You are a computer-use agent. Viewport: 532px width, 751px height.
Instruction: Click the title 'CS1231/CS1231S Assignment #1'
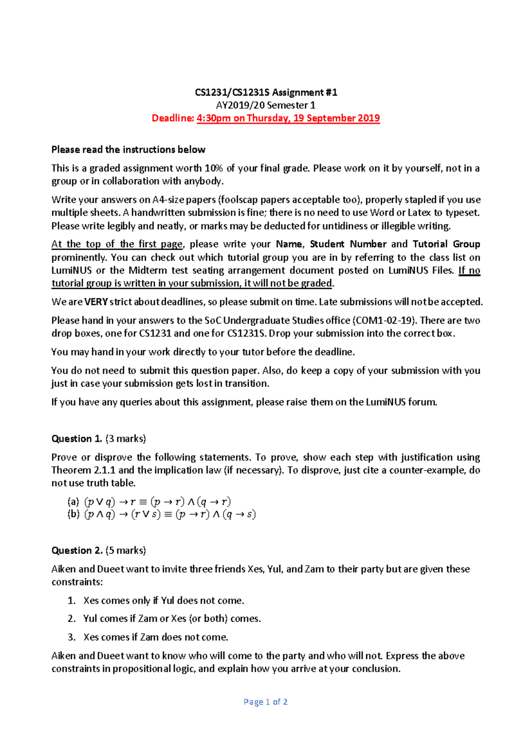coord(266,92)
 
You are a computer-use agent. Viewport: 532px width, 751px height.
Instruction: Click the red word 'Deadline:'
coord(173,118)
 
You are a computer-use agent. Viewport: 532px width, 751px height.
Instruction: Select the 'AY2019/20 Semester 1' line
coord(266,105)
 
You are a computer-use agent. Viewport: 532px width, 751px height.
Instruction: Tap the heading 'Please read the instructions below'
coord(128,150)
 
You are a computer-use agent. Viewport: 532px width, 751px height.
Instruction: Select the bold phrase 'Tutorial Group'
coord(446,244)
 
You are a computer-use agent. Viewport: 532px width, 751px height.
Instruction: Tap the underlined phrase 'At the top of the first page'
coord(117,244)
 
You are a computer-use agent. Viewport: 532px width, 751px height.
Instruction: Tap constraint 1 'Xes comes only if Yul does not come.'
coord(164,601)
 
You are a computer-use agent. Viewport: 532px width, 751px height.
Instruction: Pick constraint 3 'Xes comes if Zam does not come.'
coord(156,637)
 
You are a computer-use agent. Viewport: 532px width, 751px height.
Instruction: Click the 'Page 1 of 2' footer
coord(266,702)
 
